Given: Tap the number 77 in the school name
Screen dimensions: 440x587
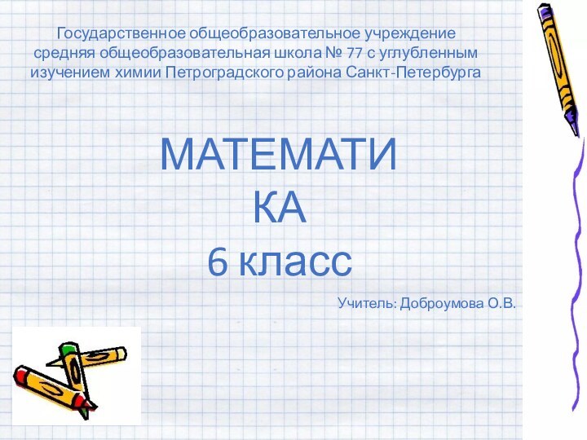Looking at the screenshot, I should tap(355, 53).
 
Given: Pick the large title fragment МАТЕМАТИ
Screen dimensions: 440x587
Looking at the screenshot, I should tap(280, 155).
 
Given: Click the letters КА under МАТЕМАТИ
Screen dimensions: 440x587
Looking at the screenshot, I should tap(280, 209).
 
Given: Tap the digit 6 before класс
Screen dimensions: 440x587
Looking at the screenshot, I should tap(218, 262).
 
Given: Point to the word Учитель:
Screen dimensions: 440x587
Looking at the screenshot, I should tap(366, 304).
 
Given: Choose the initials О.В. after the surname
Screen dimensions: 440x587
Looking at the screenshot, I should tap(502, 304).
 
